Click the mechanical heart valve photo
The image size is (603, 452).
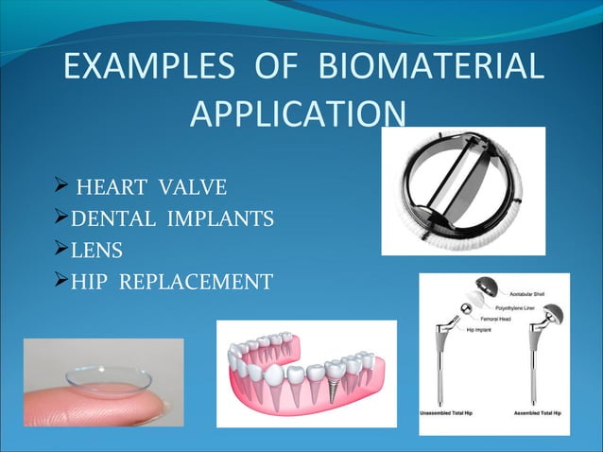click(462, 190)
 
